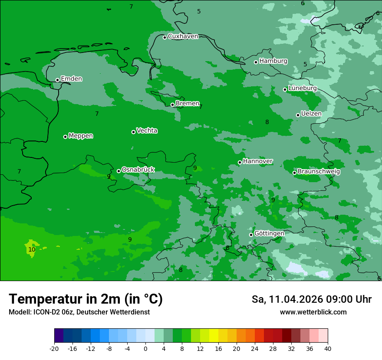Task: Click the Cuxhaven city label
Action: point(183,36)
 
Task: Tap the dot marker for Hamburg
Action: point(256,62)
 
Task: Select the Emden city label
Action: point(71,79)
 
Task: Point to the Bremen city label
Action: point(187,104)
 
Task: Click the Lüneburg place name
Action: point(302,88)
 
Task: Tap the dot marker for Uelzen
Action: point(298,115)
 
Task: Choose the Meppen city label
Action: point(81,136)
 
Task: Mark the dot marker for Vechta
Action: point(133,132)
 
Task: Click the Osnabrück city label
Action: point(138,170)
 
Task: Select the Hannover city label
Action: point(257,161)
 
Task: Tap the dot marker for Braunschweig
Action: point(294,173)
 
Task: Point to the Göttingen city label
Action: point(269,234)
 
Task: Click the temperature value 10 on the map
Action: point(32,250)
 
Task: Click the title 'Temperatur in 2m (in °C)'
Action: point(86,299)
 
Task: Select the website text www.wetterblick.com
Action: point(313,312)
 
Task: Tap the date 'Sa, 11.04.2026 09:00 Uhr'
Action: point(311,299)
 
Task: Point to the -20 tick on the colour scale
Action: point(54,349)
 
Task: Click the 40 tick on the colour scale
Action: point(328,349)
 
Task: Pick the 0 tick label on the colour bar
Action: point(145,349)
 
